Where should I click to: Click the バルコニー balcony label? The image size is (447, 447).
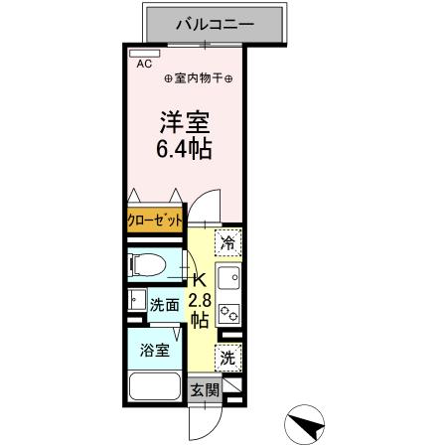pos(216,23)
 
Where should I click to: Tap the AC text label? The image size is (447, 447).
pos(145,64)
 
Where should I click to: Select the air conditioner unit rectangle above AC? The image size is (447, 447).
pos(144,53)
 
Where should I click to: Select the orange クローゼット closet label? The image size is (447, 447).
pos(155,220)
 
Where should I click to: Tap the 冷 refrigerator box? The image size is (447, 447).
pos(228,242)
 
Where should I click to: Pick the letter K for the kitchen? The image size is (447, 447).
pos(198,281)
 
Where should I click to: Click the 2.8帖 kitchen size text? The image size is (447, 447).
pos(199,310)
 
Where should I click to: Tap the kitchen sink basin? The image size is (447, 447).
pos(228,278)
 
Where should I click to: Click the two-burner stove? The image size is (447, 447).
pos(228,312)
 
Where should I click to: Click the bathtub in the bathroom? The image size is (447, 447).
pos(153,388)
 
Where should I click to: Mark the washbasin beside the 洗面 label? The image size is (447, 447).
pos(136,299)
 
